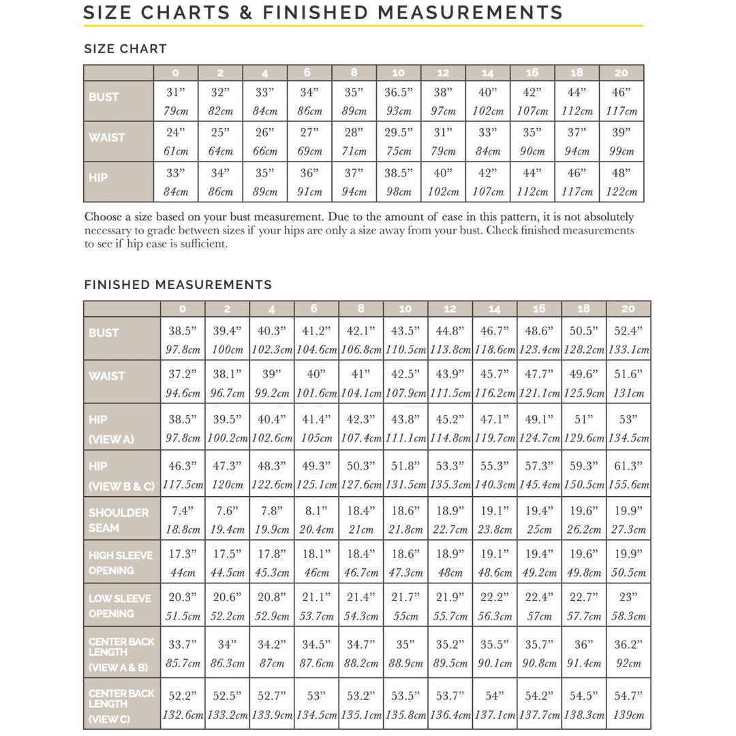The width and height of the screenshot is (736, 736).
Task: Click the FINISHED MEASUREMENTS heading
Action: tap(178, 285)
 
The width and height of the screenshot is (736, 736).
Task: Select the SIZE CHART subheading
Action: tap(125, 49)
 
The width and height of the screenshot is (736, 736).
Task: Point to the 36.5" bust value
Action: tap(399, 92)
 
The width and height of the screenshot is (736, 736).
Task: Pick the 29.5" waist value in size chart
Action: tap(399, 132)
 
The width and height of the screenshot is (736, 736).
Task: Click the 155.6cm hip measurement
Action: tap(628, 485)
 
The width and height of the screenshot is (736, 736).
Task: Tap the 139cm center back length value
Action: tap(628, 716)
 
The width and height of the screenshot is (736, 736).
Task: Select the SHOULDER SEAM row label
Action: tap(118, 520)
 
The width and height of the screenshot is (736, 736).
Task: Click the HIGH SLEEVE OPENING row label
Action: tap(121, 563)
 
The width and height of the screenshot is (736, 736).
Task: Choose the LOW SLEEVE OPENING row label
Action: tap(120, 606)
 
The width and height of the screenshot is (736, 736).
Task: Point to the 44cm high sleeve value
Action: tap(183, 573)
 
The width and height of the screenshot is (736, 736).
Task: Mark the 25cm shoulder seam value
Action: tap(539, 530)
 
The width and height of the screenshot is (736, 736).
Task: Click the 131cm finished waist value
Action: tap(628, 393)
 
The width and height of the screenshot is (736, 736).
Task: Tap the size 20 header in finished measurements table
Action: tap(628, 309)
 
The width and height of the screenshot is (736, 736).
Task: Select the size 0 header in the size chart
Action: tap(176, 73)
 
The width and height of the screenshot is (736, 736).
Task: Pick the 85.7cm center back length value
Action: tap(183, 663)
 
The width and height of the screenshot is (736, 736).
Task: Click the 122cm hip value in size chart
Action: tap(621, 192)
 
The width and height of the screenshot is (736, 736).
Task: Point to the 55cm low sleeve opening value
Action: tap(405, 616)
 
